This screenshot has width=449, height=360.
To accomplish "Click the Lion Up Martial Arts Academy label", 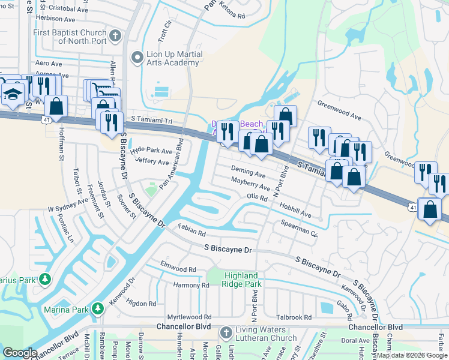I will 175,58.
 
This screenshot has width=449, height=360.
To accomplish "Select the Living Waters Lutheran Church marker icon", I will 226,332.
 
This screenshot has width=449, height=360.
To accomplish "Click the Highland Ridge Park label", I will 243,280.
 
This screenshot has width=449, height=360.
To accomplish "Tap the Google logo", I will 20,353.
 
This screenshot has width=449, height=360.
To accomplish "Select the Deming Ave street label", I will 248,173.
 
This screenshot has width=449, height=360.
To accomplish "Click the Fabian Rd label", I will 192,230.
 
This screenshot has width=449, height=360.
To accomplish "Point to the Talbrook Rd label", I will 294,317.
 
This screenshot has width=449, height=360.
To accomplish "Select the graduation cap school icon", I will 13,95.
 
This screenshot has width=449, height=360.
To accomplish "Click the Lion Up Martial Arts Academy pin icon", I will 136,58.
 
